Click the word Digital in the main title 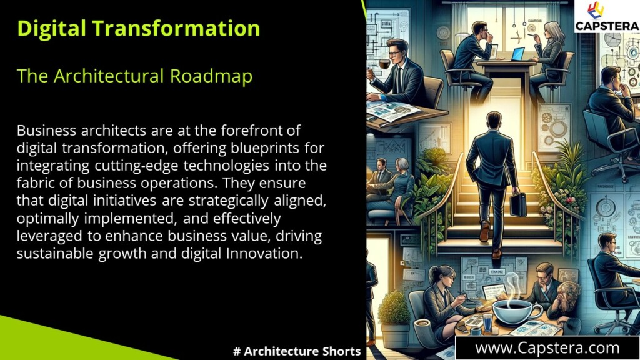point(52,28)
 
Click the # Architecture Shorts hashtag point(297,351)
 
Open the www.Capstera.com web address point(547,347)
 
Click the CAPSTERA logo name point(607,26)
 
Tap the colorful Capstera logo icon point(596,10)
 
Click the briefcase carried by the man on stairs point(518,203)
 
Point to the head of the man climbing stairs point(494,119)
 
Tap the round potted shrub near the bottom point(394,307)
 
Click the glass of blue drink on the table point(487,322)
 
